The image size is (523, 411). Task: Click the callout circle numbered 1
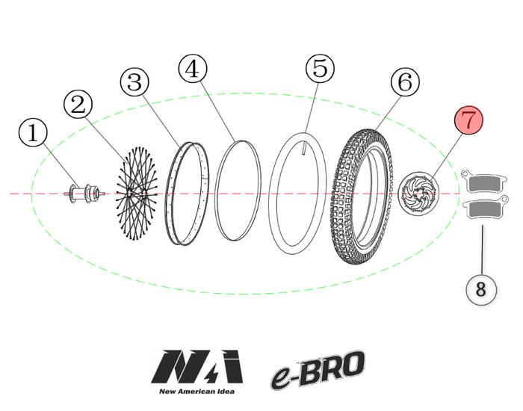coord(33,135)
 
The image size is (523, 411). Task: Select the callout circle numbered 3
coord(134,83)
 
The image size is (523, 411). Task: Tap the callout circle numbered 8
coord(481,289)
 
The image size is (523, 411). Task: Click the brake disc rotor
coord(418,194)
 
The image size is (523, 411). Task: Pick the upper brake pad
coord(487,182)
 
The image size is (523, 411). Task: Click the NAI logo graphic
coord(197,367)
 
